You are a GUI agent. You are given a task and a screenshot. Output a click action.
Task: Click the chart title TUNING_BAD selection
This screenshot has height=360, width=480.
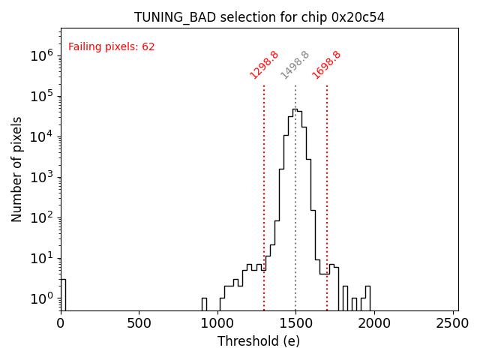259,17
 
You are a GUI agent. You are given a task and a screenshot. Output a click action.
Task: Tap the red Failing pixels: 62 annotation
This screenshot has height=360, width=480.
112,46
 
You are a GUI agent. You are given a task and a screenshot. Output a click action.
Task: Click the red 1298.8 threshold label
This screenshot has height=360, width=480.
264,65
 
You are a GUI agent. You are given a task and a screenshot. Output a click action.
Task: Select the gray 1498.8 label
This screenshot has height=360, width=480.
295,65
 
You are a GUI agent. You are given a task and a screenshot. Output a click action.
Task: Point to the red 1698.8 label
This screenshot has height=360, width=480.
326,65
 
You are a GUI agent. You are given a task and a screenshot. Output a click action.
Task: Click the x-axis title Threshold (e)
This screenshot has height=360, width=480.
259,341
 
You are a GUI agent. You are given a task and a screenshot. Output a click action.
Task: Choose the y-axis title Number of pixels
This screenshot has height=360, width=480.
16,169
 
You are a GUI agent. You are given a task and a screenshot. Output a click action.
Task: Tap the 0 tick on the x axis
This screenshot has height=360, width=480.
61,323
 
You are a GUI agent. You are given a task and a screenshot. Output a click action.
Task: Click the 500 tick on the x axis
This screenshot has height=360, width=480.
139,323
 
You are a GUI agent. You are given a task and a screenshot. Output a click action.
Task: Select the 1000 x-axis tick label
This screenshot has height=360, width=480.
217,323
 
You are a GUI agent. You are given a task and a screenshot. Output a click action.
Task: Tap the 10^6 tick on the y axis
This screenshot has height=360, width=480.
40,55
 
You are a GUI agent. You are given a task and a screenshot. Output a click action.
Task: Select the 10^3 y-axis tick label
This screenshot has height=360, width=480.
40,177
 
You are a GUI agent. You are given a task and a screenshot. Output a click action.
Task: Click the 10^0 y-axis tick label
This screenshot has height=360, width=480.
40,298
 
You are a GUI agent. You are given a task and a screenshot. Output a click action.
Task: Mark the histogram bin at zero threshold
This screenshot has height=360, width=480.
63,294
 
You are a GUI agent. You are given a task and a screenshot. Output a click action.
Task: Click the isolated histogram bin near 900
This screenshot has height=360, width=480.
204,304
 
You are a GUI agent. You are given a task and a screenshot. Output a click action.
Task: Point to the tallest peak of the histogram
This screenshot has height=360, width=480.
295,109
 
